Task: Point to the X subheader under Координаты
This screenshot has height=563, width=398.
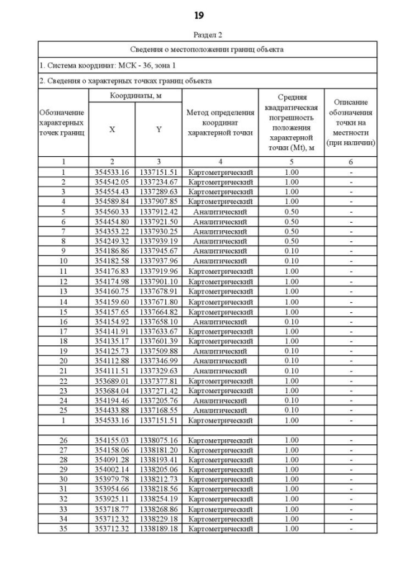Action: (112, 129)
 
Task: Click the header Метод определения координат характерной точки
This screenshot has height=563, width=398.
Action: (220, 122)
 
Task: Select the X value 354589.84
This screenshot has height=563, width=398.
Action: (112, 202)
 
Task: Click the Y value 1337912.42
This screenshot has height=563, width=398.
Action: (159, 212)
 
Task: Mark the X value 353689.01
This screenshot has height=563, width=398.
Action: (112, 381)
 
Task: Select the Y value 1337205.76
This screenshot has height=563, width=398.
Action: (159, 401)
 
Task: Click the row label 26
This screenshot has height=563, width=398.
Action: (63, 440)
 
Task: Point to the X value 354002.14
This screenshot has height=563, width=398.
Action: (112, 470)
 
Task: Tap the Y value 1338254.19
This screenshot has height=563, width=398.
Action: (159, 500)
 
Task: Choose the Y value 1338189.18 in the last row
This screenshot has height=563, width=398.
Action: (159, 529)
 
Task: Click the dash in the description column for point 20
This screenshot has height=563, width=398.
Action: (351, 361)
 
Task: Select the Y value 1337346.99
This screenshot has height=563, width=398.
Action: (159, 361)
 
